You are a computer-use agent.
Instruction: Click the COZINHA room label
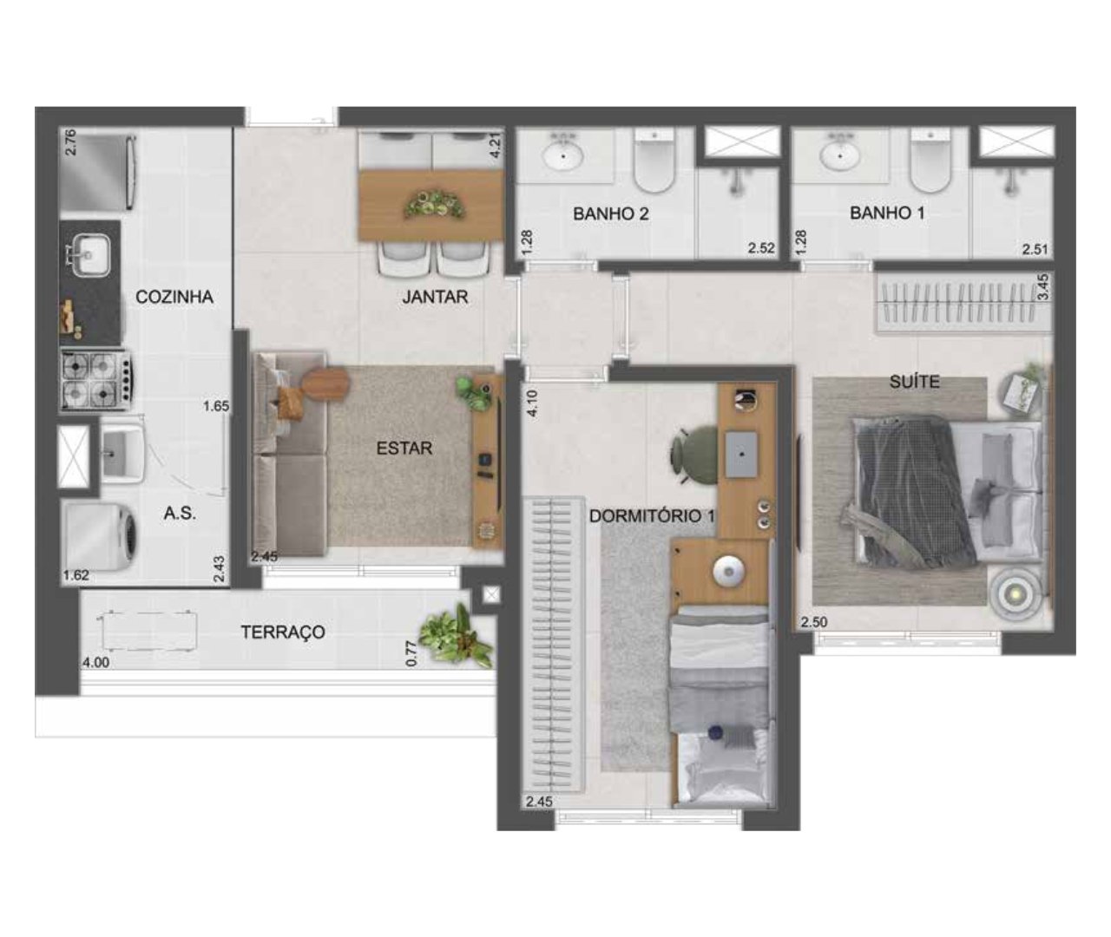coord(174,297)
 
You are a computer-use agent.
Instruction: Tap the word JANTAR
coord(435,297)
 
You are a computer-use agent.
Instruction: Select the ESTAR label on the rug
coord(404,449)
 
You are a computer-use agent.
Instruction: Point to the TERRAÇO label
coord(283,632)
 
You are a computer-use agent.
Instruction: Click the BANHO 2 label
coord(611,213)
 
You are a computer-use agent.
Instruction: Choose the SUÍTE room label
coord(915,381)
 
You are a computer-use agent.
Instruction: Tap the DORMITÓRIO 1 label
coord(653,516)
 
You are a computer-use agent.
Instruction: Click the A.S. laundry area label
coord(180,513)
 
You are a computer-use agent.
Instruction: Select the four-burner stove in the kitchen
coord(95,380)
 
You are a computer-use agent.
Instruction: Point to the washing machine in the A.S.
coord(99,538)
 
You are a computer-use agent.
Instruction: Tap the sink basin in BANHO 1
coord(839,156)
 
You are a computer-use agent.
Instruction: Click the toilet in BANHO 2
coord(654,160)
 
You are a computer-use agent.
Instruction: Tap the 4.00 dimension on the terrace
coord(96,663)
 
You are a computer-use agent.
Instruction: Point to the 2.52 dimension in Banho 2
coord(761,248)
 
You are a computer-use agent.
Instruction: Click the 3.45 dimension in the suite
coord(1043,287)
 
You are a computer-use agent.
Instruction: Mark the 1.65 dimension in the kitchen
coord(216,406)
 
